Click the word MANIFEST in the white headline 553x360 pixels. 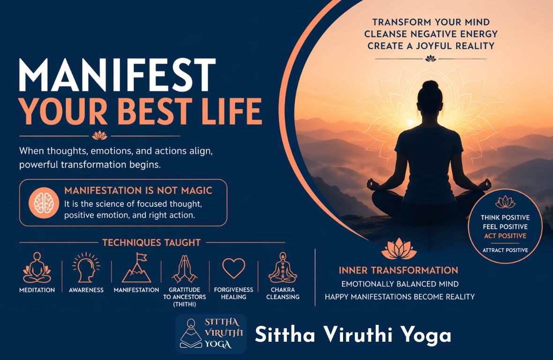(x=117, y=76)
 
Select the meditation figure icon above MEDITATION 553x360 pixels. (x=37, y=267)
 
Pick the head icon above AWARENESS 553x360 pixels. (x=86, y=267)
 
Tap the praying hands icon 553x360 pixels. (x=185, y=268)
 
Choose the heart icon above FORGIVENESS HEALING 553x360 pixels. (x=233, y=268)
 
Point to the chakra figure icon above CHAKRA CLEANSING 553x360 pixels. (x=283, y=267)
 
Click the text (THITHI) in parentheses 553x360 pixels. (x=185, y=304)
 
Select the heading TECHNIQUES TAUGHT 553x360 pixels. (x=151, y=243)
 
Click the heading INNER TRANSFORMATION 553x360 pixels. (x=398, y=270)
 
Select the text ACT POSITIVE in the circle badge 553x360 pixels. (x=505, y=236)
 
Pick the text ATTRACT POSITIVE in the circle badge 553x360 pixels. (x=505, y=250)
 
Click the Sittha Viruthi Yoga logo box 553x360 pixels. (x=211, y=333)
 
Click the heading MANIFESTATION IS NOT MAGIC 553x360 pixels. (x=138, y=191)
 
